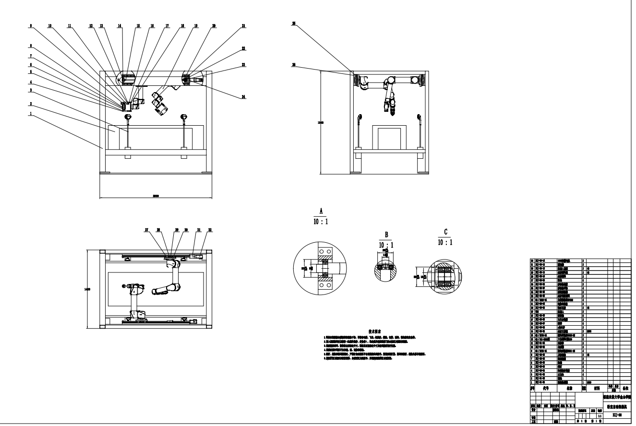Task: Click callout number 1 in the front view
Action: click(x=30, y=114)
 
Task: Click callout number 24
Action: click(x=244, y=97)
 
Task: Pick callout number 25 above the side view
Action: click(x=294, y=23)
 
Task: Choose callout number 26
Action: click(x=294, y=64)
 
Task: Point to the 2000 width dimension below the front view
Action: click(x=156, y=197)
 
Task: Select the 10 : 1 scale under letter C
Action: click(x=445, y=243)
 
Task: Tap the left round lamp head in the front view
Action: click(x=128, y=117)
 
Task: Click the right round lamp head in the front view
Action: click(x=183, y=116)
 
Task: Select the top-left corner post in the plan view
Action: click(x=102, y=251)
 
